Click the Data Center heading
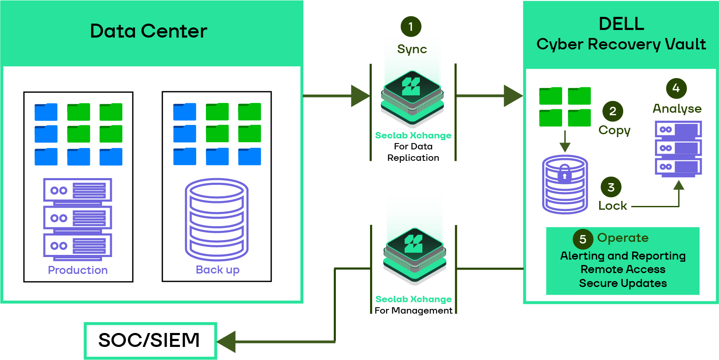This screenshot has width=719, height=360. (149, 31)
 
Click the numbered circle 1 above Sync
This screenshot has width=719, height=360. (411, 27)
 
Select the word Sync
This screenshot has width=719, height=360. (412, 49)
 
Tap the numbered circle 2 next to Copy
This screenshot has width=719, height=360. (613, 111)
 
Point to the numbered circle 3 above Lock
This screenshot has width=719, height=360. (611, 187)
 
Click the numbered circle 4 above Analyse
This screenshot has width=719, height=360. (676, 88)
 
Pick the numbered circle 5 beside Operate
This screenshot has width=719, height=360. (583, 239)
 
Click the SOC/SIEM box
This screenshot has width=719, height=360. (150, 341)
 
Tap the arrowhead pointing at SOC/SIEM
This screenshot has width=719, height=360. (227, 341)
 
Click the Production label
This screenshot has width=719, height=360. (78, 270)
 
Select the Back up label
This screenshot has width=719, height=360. (217, 270)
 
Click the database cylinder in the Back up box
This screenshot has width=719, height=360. (216, 219)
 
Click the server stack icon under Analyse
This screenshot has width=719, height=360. (678, 149)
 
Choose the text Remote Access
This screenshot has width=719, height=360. (623, 269)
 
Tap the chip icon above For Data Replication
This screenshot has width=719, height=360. (412, 98)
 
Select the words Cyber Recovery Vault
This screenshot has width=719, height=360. (621, 44)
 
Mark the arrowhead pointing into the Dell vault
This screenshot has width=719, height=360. (513, 96)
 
